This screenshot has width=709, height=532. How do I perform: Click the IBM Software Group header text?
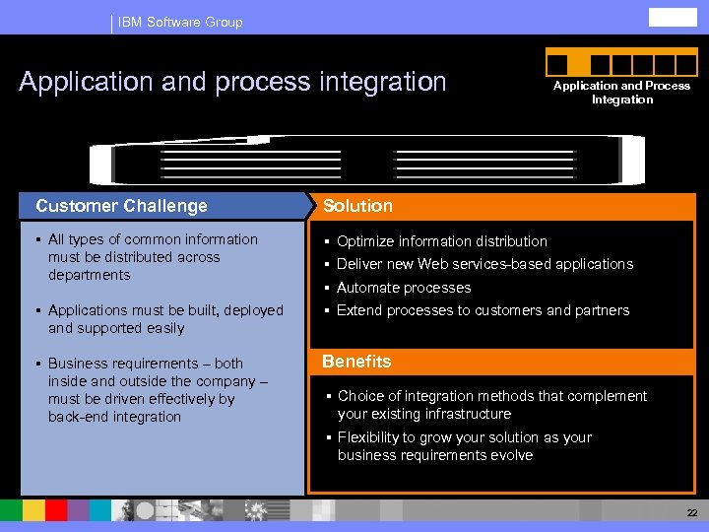(x=180, y=22)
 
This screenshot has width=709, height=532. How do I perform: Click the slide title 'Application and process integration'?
(x=232, y=82)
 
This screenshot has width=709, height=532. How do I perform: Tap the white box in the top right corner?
(x=672, y=17)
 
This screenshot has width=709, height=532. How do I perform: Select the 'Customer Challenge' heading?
(x=121, y=206)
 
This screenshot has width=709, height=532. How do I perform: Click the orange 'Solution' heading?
(x=357, y=206)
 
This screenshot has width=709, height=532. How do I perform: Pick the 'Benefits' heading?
(x=356, y=362)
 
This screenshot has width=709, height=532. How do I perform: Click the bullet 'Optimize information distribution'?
(x=441, y=241)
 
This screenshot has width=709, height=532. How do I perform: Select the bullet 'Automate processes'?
(x=404, y=288)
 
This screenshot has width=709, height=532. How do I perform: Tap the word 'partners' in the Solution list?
(x=601, y=310)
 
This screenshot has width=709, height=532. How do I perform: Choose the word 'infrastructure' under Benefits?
(x=465, y=414)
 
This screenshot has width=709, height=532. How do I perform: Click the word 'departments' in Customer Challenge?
(x=89, y=275)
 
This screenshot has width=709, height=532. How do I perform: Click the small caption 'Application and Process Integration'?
(x=621, y=93)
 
